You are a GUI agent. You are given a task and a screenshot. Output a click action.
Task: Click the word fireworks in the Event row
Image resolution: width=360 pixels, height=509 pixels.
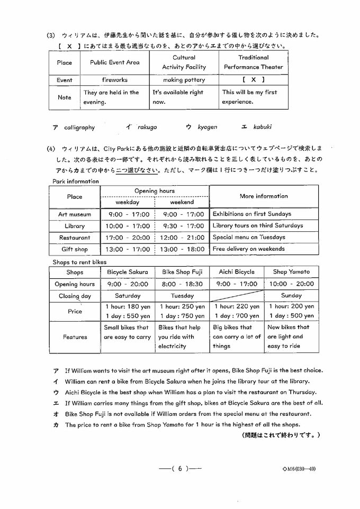click(x=115, y=80)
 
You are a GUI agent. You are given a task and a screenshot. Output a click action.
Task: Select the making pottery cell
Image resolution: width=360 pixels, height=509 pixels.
click(x=184, y=80)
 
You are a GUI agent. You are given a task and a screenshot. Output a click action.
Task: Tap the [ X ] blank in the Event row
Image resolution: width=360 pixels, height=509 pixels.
click(x=253, y=80)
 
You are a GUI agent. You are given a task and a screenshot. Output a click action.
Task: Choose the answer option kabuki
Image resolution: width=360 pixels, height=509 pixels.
click(x=262, y=127)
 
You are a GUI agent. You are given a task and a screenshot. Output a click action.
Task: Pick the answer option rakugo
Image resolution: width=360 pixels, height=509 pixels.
click(x=147, y=127)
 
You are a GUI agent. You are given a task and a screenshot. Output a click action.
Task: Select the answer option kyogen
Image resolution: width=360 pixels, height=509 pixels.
click(x=207, y=127)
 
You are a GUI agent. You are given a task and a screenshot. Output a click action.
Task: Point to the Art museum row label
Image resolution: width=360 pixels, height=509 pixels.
click(x=75, y=214)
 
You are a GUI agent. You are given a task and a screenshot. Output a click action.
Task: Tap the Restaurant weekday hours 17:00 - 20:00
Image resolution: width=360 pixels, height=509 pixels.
click(x=128, y=238)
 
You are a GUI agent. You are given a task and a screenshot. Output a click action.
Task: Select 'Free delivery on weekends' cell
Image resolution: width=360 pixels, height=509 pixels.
click(x=248, y=249)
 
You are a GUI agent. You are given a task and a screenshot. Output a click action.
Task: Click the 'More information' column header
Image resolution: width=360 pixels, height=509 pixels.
click(x=264, y=196)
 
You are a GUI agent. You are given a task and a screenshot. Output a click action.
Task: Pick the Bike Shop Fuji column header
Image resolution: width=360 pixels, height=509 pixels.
click(x=182, y=272)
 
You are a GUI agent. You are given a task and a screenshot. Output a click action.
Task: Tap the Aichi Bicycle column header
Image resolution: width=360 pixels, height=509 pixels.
click(x=237, y=272)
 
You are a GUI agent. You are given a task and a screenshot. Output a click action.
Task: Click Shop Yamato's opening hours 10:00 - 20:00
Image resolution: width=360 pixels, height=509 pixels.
click(x=291, y=284)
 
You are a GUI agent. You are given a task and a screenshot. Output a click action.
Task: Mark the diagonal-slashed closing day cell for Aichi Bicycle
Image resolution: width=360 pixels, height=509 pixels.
click(x=237, y=296)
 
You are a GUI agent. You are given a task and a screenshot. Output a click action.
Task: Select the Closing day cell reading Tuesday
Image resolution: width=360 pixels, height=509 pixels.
click(x=182, y=296)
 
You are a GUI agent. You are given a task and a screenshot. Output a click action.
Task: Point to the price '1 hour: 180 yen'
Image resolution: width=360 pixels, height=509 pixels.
click(x=128, y=306)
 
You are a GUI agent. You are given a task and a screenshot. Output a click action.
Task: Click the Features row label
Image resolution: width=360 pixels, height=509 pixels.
click(x=75, y=337)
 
